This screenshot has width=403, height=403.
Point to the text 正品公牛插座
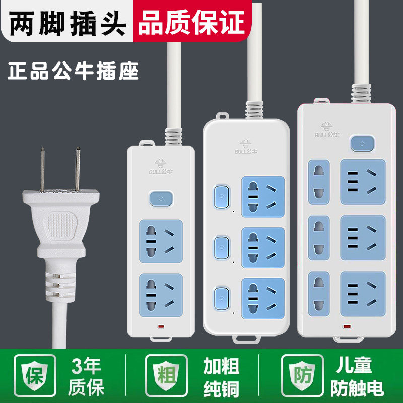click(74, 71)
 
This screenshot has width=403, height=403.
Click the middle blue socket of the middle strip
click(262, 247)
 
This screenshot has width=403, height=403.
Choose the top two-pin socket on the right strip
click(319, 181)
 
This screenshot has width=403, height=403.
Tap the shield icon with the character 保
click(32, 376)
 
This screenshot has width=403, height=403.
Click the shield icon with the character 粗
click(166, 376)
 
